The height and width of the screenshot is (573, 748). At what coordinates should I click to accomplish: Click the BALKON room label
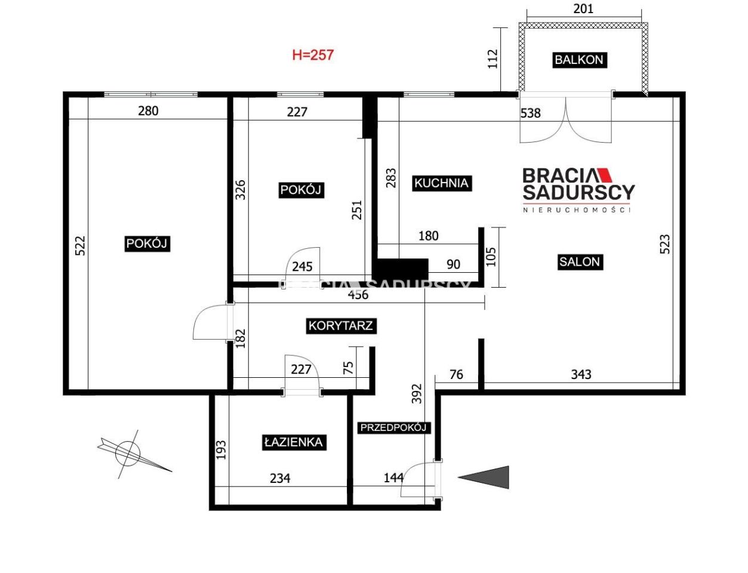[579, 60]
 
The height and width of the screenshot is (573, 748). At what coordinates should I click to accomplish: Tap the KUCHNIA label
[441, 183]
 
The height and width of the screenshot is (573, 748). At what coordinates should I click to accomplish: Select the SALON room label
[580, 262]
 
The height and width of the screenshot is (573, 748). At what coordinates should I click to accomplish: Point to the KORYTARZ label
[341, 325]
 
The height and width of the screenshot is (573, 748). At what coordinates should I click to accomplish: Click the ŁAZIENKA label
[294, 442]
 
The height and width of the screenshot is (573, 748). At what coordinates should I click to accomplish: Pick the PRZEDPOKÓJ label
[393, 428]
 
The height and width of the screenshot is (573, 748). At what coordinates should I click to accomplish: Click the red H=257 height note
[313, 55]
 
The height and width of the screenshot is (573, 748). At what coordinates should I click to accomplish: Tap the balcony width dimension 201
[583, 8]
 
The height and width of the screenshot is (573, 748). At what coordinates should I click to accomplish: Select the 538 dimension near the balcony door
[531, 113]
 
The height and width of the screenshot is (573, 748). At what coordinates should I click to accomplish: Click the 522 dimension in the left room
[80, 245]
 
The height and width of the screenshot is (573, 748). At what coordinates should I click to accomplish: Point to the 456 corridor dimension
[358, 295]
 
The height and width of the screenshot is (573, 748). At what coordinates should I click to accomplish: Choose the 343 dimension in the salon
[581, 374]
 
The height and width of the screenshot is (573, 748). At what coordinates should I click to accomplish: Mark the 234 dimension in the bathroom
[280, 478]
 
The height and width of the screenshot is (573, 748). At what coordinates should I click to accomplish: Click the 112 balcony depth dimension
[493, 59]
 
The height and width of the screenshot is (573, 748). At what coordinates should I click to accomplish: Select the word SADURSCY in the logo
[579, 192]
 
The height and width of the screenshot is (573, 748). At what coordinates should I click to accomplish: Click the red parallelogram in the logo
[605, 175]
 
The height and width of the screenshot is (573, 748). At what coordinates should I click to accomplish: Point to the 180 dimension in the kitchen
[429, 236]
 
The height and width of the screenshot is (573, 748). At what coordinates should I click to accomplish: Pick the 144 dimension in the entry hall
[394, 478]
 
